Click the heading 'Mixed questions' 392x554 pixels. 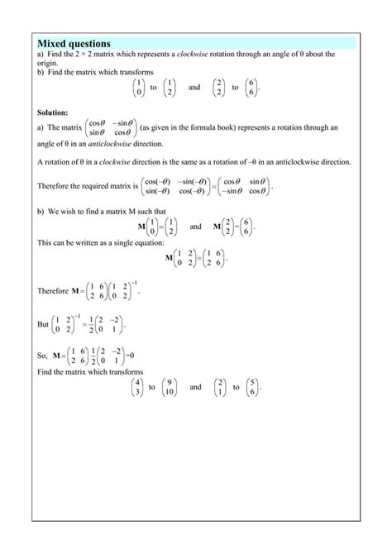click(x=74, y=42)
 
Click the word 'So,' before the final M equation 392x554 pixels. click(x=44, y=356)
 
